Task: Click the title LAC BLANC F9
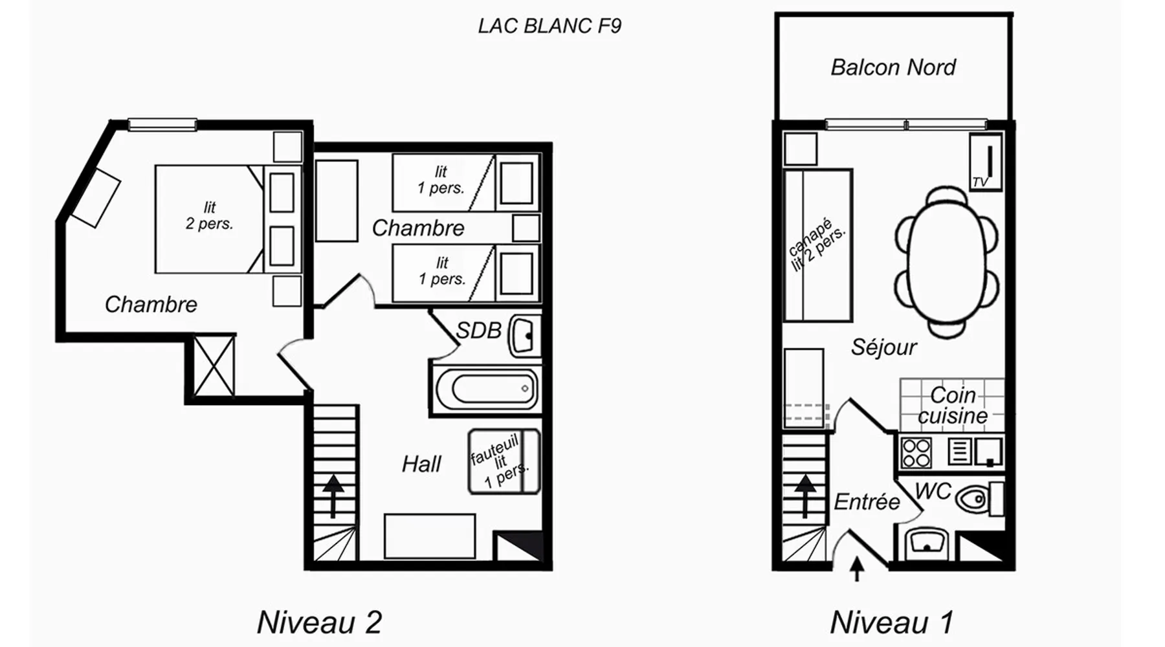pyautogui.click(x=549, y=26)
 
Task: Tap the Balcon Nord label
pyautogui.click(x=893, y=67)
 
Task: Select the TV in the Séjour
pyautogui.click(x=985, y=162)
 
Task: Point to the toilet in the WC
pyautogui.click(x=978, y=499)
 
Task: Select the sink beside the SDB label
pyautogui.click(x=524, y=336)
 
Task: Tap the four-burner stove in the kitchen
pyautogui.click(x=916, y=452)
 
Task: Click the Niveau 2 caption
pyautogui.click(x=320, y=622)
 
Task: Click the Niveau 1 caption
pyautogui.click(x=891, y=622)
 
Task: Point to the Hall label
pyautogui.click(x=421, y=464)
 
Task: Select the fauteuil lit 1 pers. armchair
pyautogui.click(x=504, y=461)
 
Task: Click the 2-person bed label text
pyautogui.click(x=209, y=215)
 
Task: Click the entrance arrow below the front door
pyautogui.click(x=857, y=569)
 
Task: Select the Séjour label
pyautogui.click(x=883, y=347)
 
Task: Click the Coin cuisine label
pyautogui.click(x=953, y=405)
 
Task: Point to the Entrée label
pyautogui.click(x=867, y=501)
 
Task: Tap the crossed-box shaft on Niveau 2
pyautogui.click(x=214, y=366)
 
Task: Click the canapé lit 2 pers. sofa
pyautogui.click(x=817, y=245)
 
